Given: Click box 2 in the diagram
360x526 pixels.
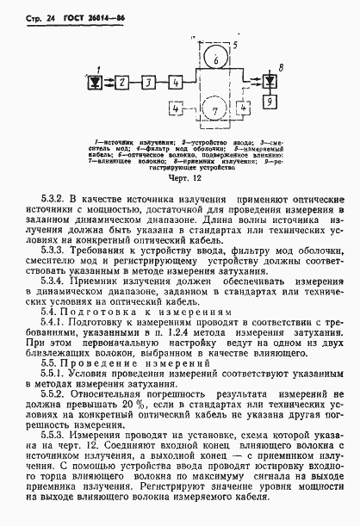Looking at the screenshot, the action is click(x=123, y=82).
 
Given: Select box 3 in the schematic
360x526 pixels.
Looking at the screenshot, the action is click(x=150, y=82).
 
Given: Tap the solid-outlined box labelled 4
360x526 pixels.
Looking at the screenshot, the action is click(x=177, y=82).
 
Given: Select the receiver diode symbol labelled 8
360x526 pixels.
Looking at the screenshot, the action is click(x=270, y=81).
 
